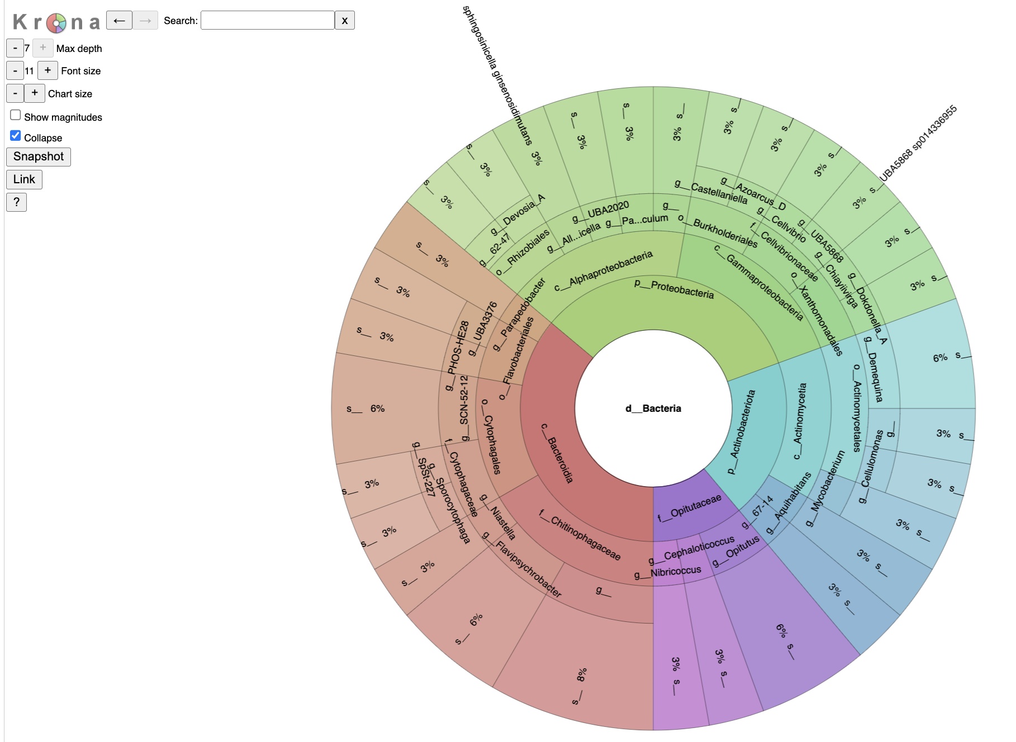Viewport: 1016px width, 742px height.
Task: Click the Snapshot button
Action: pos(39,156)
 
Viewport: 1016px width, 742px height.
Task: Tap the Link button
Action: pos(24,179)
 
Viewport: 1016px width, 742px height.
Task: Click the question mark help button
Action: pos(16,202)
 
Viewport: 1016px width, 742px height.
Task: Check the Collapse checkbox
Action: pos(16,136)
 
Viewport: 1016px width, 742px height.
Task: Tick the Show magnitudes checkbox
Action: pos(16,115)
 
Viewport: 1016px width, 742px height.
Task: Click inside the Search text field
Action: pos(267,21)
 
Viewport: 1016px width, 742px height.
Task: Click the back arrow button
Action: pos(119,21)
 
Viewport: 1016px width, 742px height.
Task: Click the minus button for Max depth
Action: pos(15,48)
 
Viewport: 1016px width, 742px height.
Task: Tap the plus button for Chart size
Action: pos(35,93)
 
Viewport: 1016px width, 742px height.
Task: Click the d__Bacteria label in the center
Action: pos(653,408)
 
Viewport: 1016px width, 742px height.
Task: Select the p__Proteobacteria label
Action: pos(674,289)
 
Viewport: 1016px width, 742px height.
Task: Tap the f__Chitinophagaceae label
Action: pos(580,535)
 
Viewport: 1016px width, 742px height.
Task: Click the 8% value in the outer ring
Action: pos(582,675)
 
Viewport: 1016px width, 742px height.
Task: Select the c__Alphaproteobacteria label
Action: pos(604,271)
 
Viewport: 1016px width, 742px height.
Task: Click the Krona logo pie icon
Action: pos(56,23)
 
